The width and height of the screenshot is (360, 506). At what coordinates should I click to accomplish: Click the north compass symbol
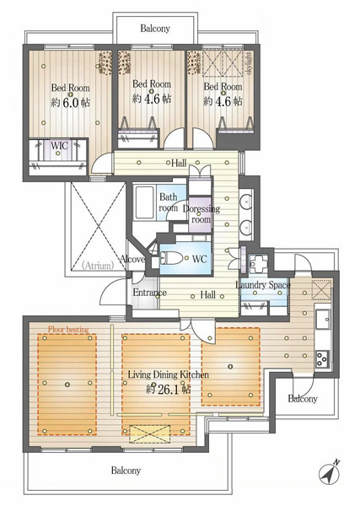(329, 473)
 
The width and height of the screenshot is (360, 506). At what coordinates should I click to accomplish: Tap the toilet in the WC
(171, 259)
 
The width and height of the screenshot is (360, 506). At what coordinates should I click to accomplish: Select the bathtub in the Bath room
(145, 202)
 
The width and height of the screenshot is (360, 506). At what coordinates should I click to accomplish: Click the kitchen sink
(323, 320)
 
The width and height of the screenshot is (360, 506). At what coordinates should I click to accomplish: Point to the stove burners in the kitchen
(322, 359)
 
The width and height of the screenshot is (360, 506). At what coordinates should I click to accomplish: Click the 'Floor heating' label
(68, 330)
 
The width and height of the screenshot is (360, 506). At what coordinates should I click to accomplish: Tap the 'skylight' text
(249, 63)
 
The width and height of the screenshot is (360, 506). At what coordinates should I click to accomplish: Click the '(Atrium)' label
(98, 266)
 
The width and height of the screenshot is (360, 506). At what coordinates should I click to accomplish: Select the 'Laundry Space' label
(263, 285)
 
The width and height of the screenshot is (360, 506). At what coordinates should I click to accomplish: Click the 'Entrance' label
(150, 293)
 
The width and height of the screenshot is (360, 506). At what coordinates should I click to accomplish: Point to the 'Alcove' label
(132, 259)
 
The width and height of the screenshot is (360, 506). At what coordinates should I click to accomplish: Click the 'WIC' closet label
(59, 145)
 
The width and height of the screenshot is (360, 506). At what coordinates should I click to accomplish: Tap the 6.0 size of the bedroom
(72, 103)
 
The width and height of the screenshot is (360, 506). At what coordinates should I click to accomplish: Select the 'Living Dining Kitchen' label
(169, 374)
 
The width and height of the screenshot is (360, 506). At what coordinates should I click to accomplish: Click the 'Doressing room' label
(201, 214)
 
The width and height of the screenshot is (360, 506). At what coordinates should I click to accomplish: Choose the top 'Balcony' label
(155, 29)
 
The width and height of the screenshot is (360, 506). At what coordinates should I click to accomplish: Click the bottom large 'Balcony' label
(126, 471)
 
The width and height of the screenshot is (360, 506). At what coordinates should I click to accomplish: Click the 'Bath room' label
(169, 202)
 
